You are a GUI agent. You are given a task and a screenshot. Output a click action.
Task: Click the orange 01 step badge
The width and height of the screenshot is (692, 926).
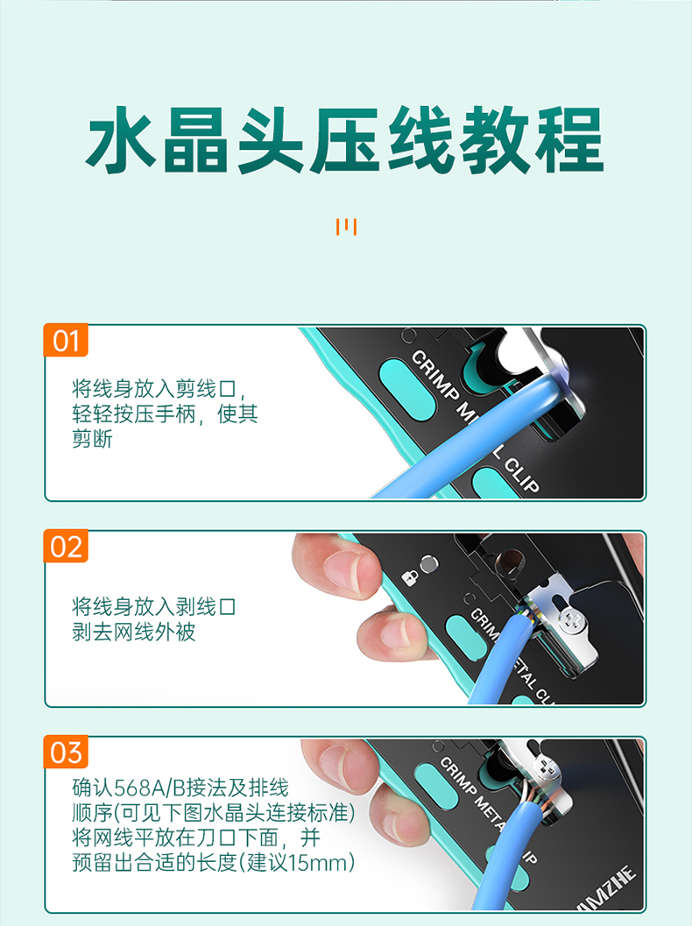point(66,340)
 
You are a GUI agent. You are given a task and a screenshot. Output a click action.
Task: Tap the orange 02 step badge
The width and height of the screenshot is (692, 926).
point(66,546)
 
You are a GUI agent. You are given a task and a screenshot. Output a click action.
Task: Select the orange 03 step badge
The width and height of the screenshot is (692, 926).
point(66,752)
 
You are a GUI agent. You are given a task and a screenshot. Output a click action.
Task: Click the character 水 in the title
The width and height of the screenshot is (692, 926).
point(121,140)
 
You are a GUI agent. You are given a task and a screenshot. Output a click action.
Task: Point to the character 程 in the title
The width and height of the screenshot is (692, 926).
point(569,140)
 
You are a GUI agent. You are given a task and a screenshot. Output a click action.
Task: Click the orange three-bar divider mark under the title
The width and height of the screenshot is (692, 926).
point(346,227)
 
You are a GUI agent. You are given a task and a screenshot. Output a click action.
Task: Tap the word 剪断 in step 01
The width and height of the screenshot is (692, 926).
point(92,439)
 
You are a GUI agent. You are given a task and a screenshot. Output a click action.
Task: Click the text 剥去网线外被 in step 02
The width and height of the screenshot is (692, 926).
point(133,632)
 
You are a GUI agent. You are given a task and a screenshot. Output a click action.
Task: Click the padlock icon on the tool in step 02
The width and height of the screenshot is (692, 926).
point(410,576)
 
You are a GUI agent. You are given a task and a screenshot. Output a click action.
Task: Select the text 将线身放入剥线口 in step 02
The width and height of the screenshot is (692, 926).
point(154,606)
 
